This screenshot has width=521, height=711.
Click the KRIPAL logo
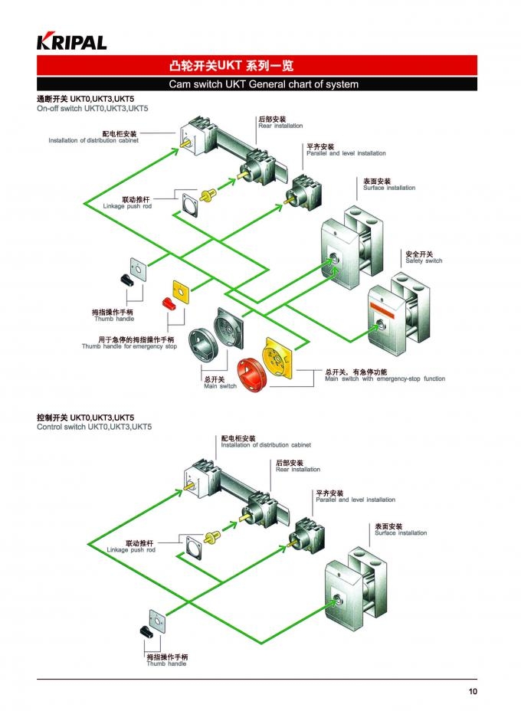(71, 41)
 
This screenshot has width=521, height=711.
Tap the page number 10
(473, 692)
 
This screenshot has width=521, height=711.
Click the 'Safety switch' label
(424, 261)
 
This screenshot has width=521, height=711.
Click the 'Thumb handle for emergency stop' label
(129, 346)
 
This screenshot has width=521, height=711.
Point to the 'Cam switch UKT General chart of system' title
(264, 84)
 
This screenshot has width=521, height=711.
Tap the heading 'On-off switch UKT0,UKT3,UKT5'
(92, 109)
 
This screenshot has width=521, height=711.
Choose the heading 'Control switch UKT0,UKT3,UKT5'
(94, 427)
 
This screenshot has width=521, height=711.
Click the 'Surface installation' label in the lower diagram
(400, 533)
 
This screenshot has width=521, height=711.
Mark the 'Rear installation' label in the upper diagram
(280, 126)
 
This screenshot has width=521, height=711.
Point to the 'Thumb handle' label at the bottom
(166, 663)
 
